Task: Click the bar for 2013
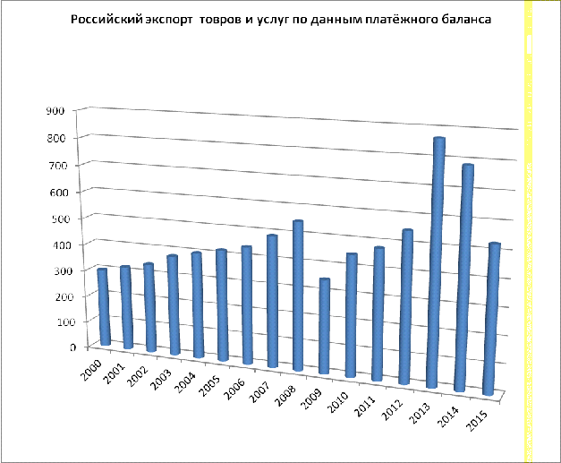coord(436,264)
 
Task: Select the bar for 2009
coord(323,327)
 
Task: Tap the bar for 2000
coord(104,306)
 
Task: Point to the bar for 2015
coord(490,318)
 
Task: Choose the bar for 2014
coord(464,278)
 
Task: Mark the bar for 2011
coord(378,313)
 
